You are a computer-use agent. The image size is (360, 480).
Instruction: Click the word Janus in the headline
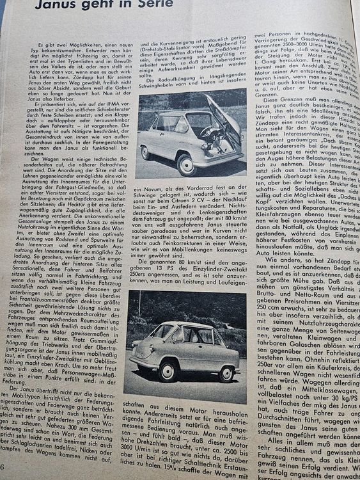click(x=59, y=6)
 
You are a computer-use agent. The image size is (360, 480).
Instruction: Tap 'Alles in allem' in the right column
click(x=281, y=422)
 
